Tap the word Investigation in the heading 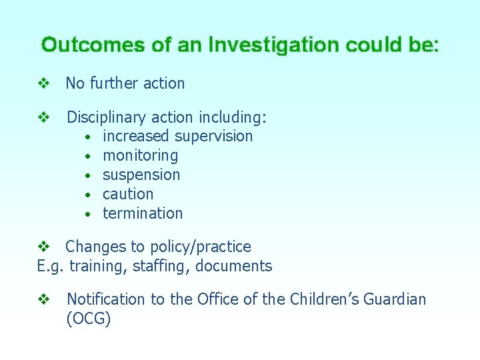273,45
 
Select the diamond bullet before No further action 44,84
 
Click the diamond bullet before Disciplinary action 44,118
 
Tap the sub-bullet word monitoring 140,156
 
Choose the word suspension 141,175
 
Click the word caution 128,195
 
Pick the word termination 143,214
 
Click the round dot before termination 88,215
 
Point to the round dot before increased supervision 88,137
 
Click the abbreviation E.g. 50,267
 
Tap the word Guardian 393,300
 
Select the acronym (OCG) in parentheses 89,319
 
